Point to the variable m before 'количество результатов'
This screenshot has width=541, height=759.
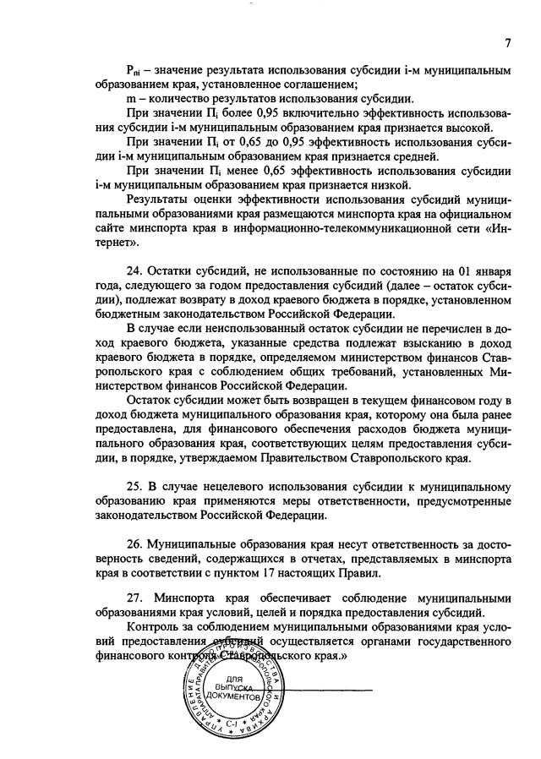pos(130,98)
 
